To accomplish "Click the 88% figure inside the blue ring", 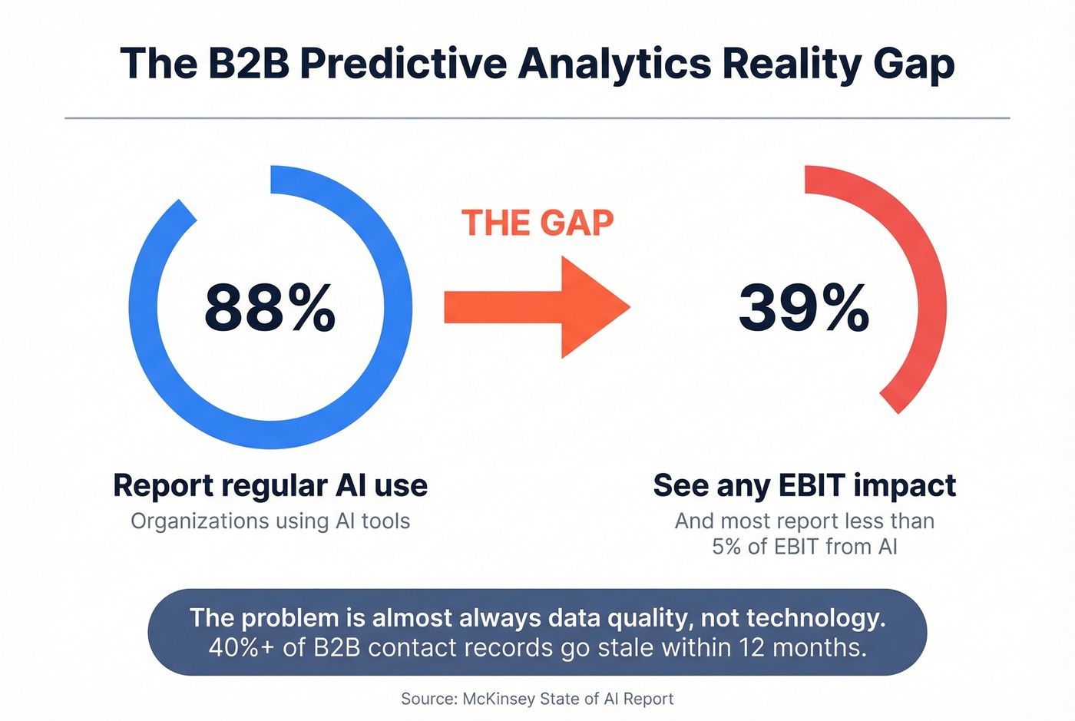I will coord(270,308).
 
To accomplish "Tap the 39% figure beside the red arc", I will coord(803,308).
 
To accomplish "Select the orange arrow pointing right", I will coord(537,307).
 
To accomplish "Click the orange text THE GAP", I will coord(537,223).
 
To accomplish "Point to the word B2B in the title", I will coord(248,63).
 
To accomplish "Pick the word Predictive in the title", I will coord(403,63).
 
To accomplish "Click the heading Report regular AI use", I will coord(270,485).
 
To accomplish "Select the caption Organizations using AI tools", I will coord(270,521).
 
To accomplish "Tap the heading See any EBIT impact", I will coord(804,485).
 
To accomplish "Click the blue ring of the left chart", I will coord(143,307).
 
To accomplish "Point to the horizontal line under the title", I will coord(537,118).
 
